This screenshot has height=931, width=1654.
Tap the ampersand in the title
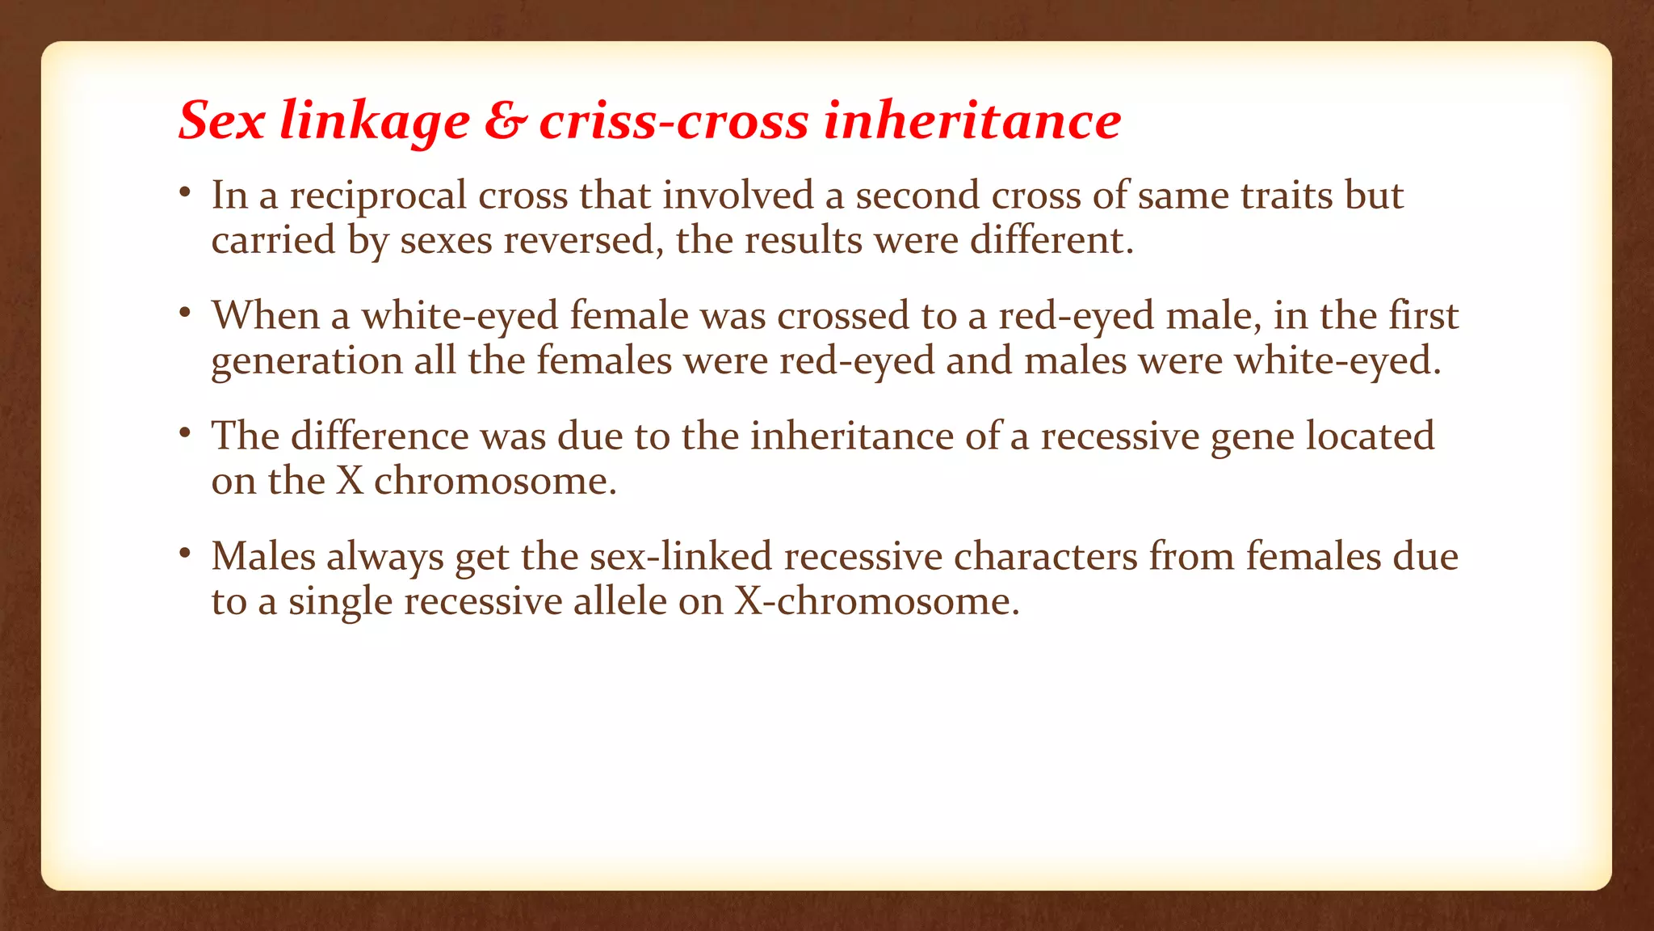[x=506, y=121]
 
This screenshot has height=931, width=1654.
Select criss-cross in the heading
[x=674, y=121]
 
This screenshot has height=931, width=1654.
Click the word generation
[x=307, y=361]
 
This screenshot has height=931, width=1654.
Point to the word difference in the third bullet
[x=380, y=436]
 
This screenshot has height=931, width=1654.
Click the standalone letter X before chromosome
[x=350, y=481]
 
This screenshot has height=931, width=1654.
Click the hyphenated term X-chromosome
[x=876, y=601]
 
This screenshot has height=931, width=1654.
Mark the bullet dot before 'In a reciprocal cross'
[x=185, y=192]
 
